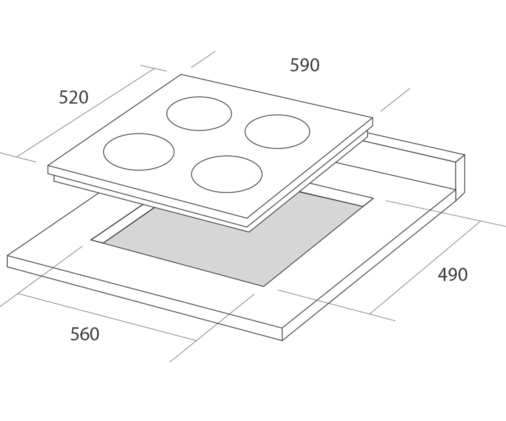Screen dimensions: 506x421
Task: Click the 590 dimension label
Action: [x=304, y=65]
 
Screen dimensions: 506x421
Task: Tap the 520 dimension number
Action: [x=74, y=97]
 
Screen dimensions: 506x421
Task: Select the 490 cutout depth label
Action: [x=452, y=274]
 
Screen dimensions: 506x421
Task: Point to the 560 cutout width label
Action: [x=85, y=334]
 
